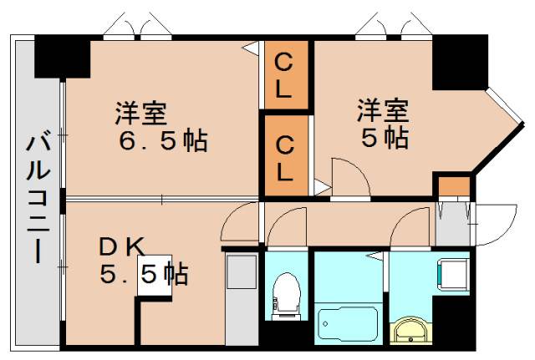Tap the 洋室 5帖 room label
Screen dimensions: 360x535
383,123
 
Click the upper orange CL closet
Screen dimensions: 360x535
284,75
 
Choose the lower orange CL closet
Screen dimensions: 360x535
284,159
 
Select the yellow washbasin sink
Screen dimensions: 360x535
410,331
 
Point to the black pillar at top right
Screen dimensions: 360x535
459,61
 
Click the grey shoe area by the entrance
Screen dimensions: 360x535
452,223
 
